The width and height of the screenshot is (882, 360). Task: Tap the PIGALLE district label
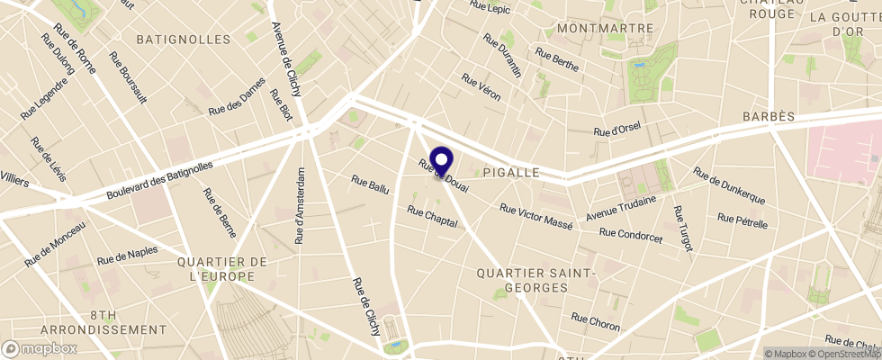[510, 172]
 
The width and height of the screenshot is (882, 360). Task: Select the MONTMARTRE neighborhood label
[605, 29]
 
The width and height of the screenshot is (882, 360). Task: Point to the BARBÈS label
[769, 118]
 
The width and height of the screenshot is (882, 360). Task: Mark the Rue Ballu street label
[370, 185]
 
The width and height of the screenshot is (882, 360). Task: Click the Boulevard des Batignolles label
[159, 181]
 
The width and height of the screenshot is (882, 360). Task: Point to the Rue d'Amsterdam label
[301, 205]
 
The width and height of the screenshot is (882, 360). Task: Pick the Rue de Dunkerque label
[729, 185]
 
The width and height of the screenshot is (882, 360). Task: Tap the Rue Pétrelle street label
[742, 220]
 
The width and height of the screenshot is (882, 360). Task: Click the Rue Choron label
[595, 321]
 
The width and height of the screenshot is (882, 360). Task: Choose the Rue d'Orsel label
[616, 130]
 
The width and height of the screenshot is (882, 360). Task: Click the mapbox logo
[40, 348]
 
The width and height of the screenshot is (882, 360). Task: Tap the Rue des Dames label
[237, 100]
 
